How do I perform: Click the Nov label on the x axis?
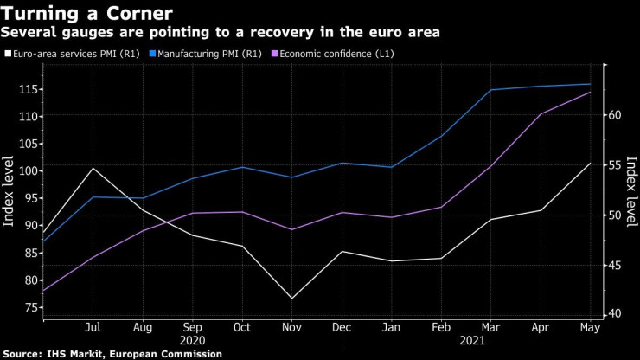[x=292, y=327]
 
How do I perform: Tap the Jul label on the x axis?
[x=93, y=327]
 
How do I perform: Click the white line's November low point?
[x=292, y=299]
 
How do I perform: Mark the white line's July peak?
[x=93, y=168]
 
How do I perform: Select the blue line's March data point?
[x=491, y=90]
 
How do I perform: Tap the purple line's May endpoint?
[x=591, y=92]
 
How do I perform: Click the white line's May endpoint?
[x=591, y=164]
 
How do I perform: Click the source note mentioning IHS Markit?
[x=112, y=354]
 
